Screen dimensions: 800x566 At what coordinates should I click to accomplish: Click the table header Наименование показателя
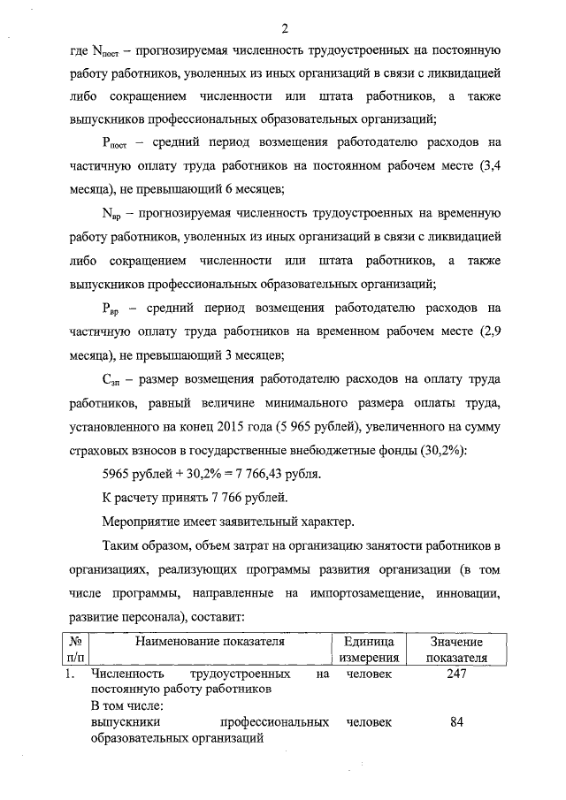coord(209,643)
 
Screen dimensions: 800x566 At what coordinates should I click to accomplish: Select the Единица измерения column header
coord(367,650)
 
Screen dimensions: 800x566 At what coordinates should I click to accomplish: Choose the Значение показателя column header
coord(456,650)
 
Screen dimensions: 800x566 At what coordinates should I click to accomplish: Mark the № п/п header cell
coord(76,650)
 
